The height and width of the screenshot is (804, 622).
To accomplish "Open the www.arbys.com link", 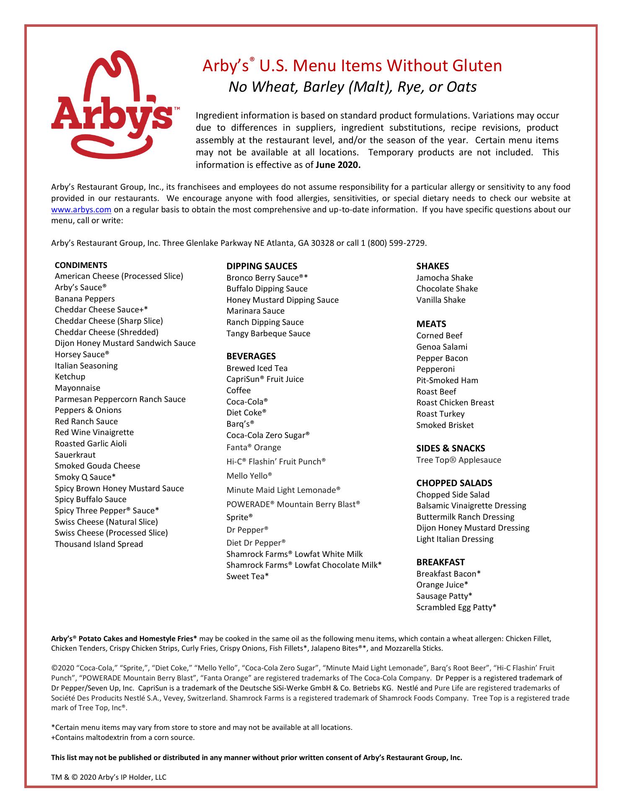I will pos(81,210).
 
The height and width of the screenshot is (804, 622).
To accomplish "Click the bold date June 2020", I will pos(338,165).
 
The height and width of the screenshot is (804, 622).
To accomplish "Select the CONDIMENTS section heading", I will pos(81,265).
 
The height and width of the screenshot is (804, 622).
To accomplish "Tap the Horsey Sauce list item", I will pos(79,355).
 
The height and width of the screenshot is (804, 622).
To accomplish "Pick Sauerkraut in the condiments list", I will pos(75,455).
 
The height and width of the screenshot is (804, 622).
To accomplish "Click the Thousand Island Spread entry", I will pos(99,544).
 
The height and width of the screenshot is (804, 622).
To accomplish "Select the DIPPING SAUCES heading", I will pos(262,266).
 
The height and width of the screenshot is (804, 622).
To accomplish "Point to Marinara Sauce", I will pos(255,311).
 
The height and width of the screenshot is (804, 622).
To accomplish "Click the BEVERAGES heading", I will pos(251,356).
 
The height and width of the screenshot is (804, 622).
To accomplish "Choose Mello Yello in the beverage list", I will pos(249,476).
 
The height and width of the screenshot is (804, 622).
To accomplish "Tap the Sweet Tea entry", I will pos(247,577).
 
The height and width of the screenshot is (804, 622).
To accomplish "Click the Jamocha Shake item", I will pos(444,278).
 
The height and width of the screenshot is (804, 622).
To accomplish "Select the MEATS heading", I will pos(431,324).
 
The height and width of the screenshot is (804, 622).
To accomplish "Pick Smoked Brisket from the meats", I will pos(445,425).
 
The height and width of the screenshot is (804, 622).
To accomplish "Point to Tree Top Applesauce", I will pos(459,460).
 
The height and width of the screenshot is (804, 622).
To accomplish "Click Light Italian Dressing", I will pos(455,539).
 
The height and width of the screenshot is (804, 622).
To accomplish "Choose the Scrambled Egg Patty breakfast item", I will pos(456,608).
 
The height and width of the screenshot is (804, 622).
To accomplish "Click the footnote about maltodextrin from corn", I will pos(123,737).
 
